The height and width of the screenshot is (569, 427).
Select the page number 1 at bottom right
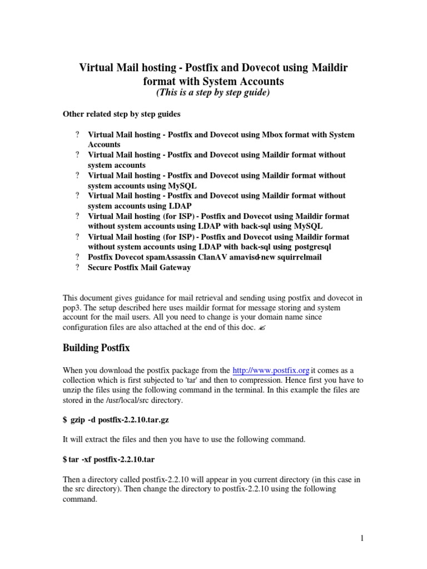point(361,538)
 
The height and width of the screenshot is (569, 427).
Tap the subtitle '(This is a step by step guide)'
point(213,93)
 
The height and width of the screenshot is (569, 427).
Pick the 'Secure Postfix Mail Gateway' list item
point(139,267)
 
